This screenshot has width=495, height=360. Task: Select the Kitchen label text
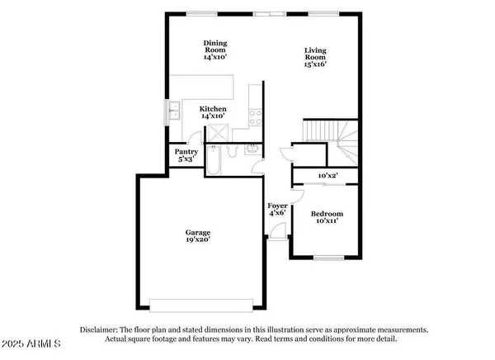click(214, 109)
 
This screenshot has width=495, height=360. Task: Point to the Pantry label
click(184, 152)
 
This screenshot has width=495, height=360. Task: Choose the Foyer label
click(277, 206)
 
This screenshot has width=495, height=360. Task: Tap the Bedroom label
click(327, 215)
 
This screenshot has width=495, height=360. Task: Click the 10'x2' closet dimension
click(329, 175)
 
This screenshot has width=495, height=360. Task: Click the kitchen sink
click(175, 109)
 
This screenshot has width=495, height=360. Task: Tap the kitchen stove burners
click(256, 116)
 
